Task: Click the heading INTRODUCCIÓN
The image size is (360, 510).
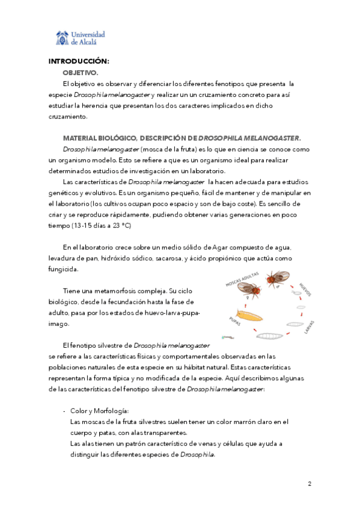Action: pos(79,61)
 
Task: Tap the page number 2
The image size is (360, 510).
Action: pos(309,484)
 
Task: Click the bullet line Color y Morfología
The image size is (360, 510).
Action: pos(95,411)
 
